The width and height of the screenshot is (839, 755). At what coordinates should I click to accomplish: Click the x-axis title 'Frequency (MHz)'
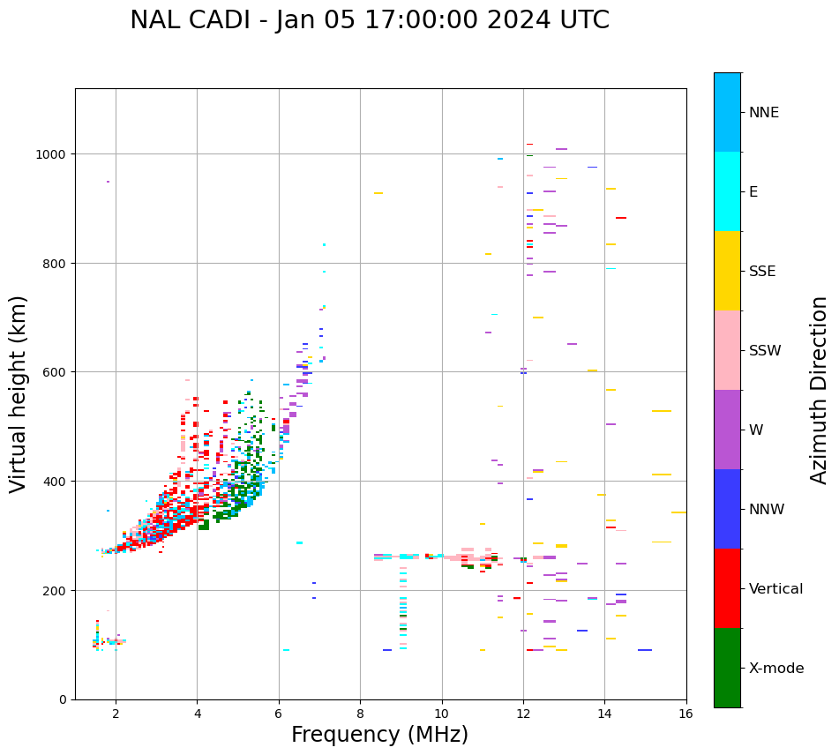[x=379, y=735]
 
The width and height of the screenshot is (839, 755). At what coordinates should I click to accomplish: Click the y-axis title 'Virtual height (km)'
[x=19, y=393]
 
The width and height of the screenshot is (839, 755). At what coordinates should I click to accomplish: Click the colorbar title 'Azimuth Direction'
[x=819, y=390]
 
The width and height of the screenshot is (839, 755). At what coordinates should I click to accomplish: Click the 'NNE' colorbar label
[x=764, y=113]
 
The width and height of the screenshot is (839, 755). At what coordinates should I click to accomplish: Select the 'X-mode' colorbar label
[x=776, y=669]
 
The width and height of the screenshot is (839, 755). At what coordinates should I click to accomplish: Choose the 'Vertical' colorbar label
[x=776, y=589]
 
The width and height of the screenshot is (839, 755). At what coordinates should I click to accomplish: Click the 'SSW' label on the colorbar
[x=765, y=351]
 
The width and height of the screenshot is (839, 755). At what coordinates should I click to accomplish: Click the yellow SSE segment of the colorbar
[x=727, y=271]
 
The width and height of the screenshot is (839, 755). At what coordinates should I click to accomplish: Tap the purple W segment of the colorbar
[x=727, y=430]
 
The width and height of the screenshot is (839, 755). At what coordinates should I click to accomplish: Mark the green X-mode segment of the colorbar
[x=727, y=668]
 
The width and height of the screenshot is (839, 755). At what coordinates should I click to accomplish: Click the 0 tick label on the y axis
[x=63, y=699]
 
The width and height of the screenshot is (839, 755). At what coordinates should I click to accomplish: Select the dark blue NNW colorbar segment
[x=727, y=509]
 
